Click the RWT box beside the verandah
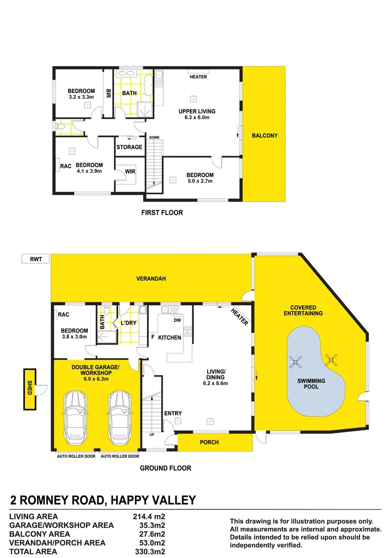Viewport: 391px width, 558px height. [35, 258]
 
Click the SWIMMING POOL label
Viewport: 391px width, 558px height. [311, 383]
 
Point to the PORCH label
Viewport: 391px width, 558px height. [209, 442]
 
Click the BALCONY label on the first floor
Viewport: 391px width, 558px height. [264, 136]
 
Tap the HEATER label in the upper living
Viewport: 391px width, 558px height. [198, 77]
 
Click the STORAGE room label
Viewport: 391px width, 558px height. [129, 147]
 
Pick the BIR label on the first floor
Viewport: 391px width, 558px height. [108, 94]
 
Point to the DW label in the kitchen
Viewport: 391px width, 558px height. [177, 320]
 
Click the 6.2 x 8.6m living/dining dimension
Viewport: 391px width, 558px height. [215, 383]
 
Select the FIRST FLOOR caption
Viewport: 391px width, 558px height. [162, 212]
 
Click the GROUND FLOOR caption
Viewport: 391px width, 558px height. [166, 468]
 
